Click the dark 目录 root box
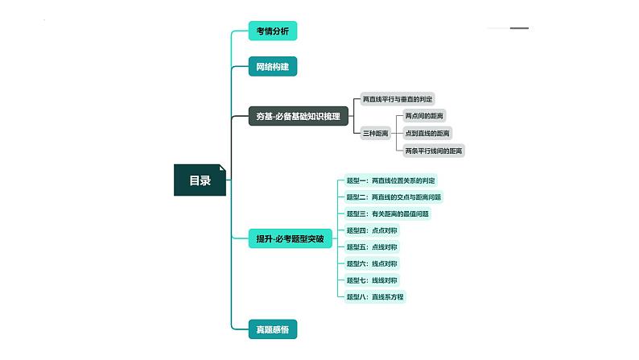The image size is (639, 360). tap(200, 180)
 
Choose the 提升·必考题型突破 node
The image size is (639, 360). tap(289, 238)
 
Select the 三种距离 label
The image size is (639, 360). tap(376, 133)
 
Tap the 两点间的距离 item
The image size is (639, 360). tap(425, 116)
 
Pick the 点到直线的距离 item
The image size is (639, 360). tap(428, 133)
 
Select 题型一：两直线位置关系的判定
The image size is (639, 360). tap(391, 180)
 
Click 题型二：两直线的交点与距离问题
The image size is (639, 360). tap(394, 197)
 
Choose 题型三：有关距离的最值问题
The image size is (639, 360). tap(387, 214)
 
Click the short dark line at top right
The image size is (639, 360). tap(519, 28)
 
